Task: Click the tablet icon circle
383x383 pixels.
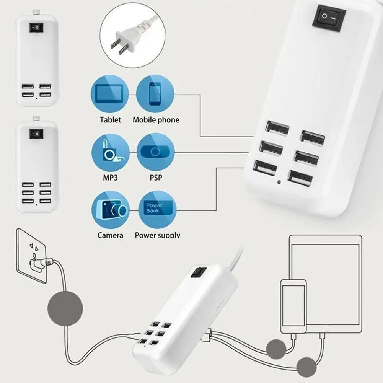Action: pos(109,94)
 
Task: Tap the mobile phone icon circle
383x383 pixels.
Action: pos(155,94)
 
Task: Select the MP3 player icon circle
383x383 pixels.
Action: pos(110,152)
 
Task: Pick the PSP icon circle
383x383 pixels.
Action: pos(155,152)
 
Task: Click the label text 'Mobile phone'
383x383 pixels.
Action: pos(156,120)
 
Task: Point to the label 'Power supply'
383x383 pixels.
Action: pos(157,235)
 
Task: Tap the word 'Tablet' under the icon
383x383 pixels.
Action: pos(110,120)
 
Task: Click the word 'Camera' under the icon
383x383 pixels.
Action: pos(110,235)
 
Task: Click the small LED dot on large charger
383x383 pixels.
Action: pos(280,183)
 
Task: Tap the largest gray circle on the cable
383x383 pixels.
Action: pos(65,308)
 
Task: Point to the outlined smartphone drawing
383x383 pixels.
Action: pos(293,306)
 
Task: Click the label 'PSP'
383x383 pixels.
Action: pos(155,178)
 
